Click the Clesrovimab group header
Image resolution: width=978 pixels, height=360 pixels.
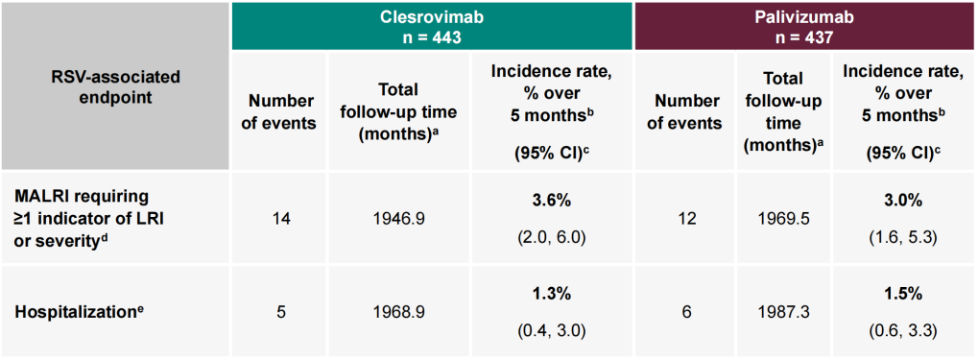432,26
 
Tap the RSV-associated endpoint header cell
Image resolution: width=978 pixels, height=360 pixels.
115,87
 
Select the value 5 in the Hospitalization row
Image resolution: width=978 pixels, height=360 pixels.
280,311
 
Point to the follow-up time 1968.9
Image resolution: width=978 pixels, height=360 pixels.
399,311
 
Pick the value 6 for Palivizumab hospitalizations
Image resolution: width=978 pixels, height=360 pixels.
684,311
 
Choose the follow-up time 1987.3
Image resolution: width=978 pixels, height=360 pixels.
784,311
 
